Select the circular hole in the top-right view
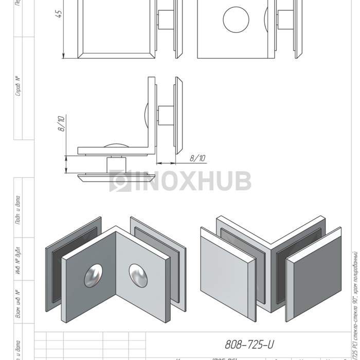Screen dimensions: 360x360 tap(236, 20)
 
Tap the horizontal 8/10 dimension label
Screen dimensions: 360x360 tap(197, 158)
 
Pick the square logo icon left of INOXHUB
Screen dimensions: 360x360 tap(120, 181)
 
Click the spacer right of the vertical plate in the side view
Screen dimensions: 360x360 tap(166, 116)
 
